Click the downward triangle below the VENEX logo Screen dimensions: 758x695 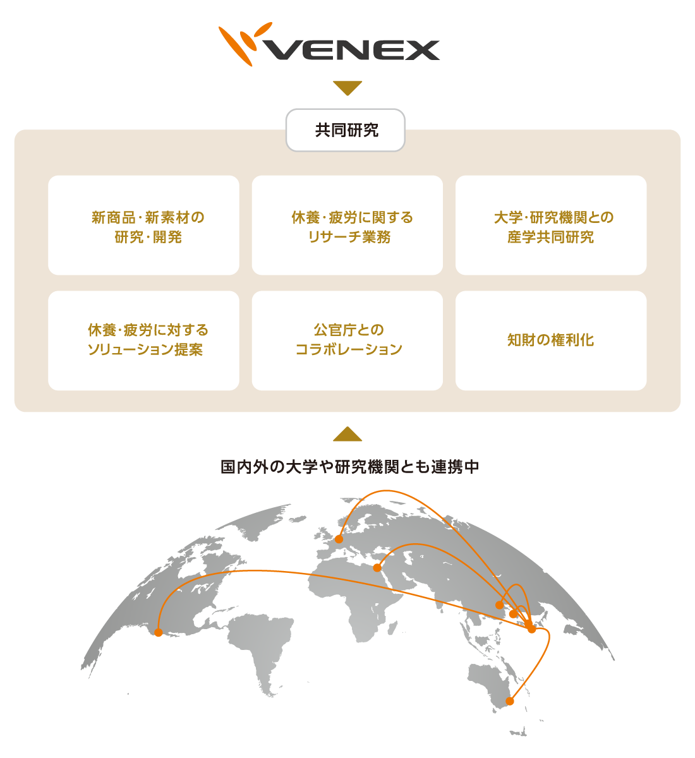(x=347, y=88)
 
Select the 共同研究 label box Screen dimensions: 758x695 (x=346, y=130)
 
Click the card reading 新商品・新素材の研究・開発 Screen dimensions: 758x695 (x=143, y=226)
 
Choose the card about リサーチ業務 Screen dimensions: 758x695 (x=347, y=226)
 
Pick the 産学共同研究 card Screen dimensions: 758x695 (x=551, y=226)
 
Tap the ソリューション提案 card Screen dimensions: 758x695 (x=143, y=340)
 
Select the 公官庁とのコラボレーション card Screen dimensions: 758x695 (x=347, y=340)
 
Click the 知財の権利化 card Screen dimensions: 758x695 (x=551, y=340)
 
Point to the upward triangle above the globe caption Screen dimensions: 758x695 (x=347, y=434)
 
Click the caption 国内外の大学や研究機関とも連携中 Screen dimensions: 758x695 (x=349, y=467)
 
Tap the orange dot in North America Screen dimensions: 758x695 (x=158, y=632)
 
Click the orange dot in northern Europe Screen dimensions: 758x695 (x=339, y=539)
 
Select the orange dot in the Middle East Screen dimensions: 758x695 (x=377, y=567)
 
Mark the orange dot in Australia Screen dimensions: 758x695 (x=510, y=701)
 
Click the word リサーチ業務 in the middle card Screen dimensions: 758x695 (x=349, y=237)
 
